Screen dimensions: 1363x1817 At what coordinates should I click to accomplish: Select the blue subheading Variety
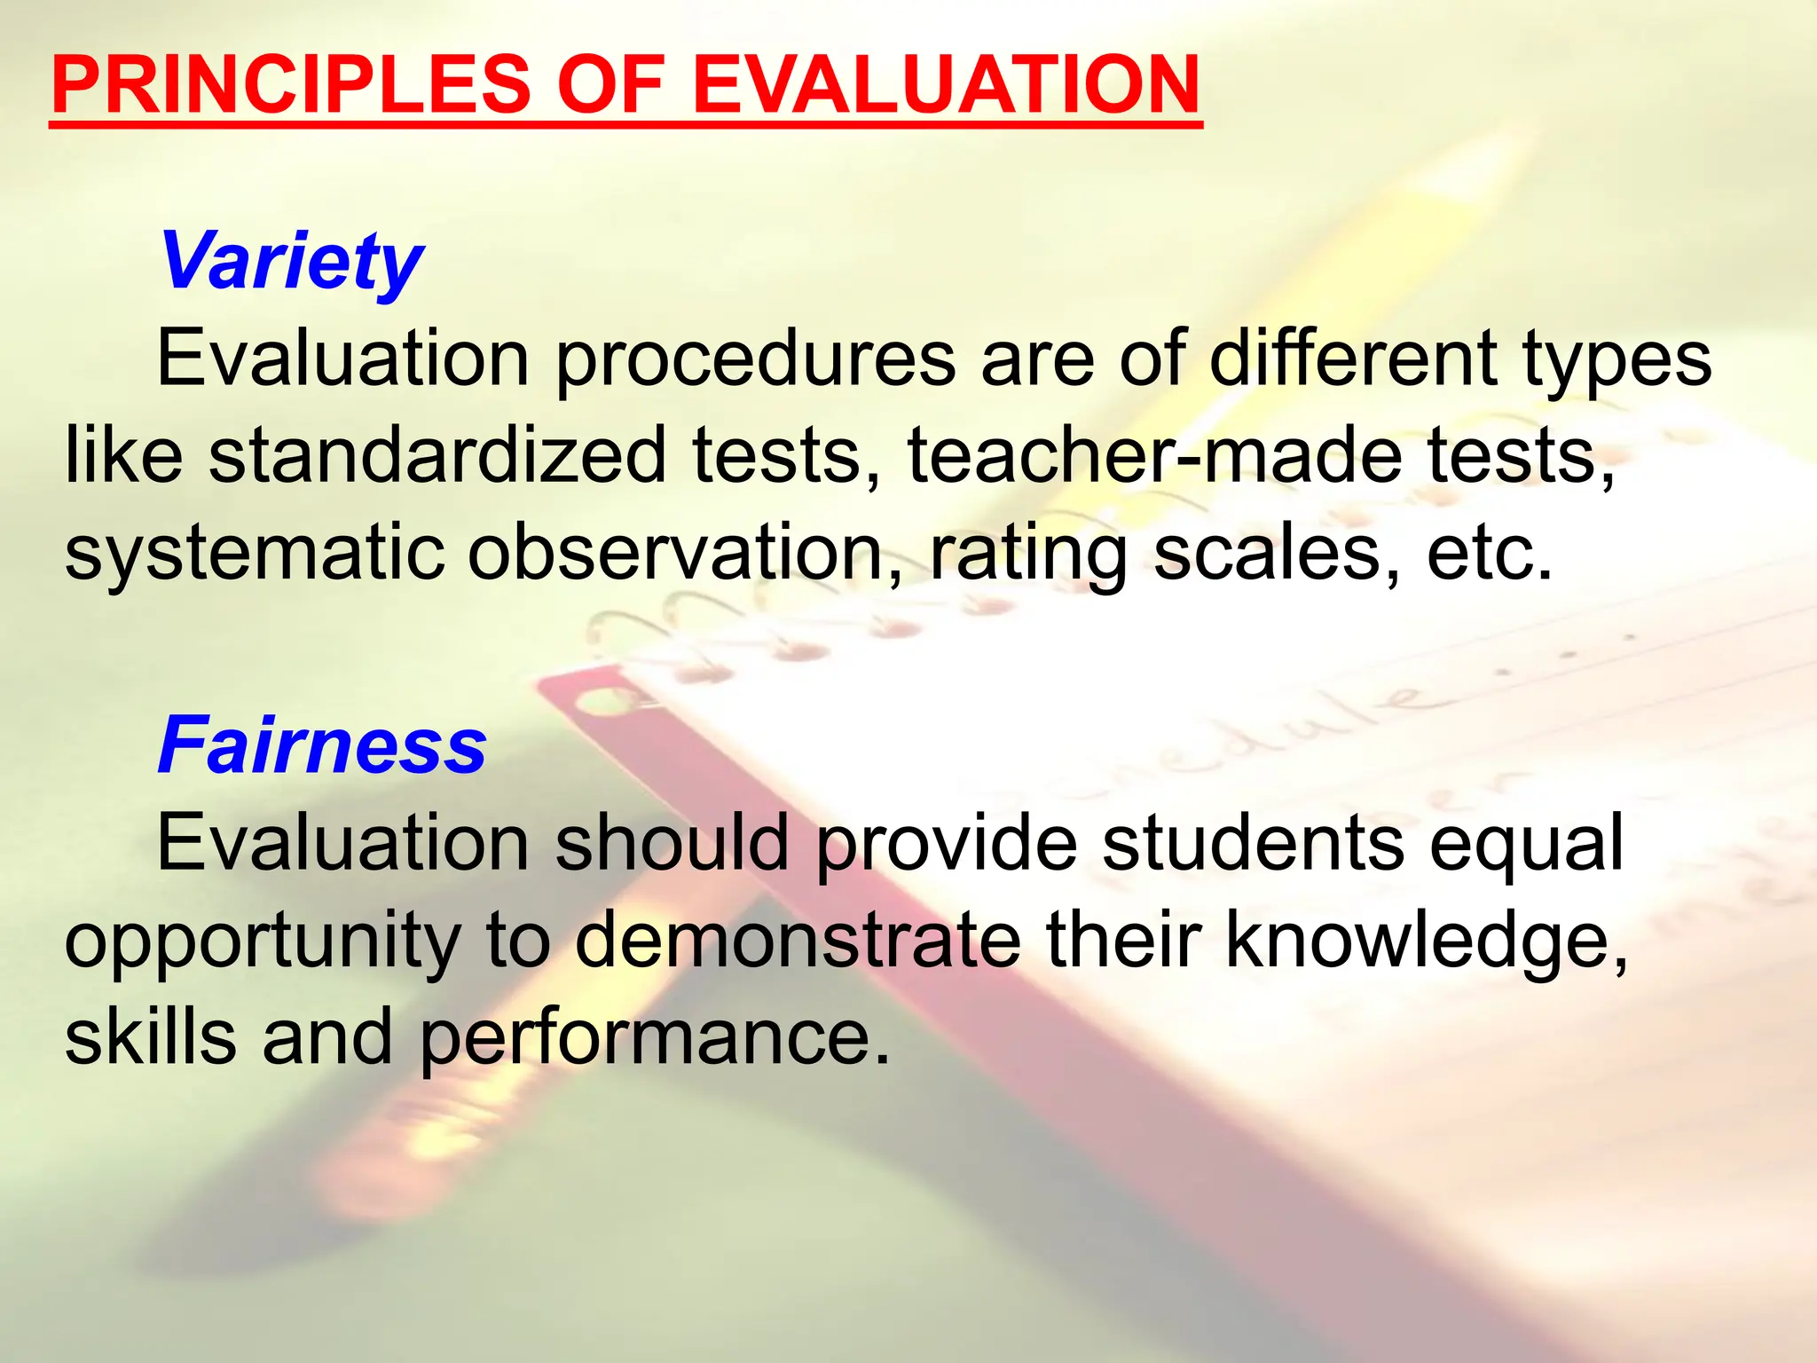point(291,263)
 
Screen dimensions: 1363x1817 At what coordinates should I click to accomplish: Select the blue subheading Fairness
point(322,746)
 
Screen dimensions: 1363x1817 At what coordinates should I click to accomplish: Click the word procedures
point(755,360)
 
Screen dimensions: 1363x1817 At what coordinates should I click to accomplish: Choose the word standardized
point(437,455)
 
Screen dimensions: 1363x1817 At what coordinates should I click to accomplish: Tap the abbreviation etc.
point(1491,552)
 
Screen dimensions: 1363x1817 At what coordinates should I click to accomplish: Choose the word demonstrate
point(798,941)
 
